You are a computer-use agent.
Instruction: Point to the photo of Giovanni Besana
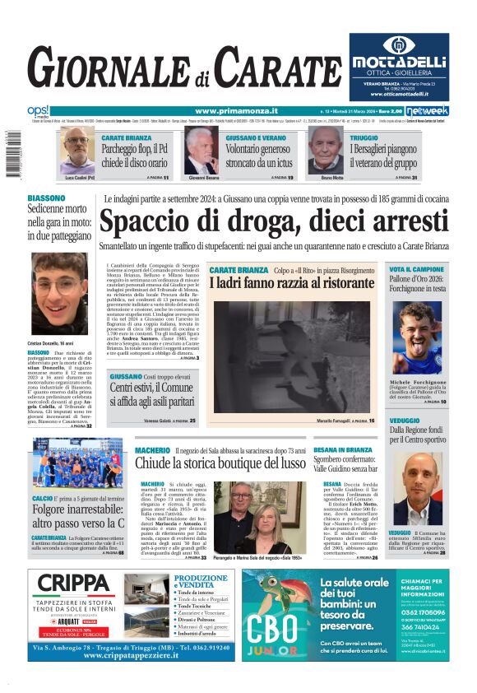201,150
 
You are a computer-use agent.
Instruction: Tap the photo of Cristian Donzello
59,293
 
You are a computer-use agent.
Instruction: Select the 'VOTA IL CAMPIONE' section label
417,269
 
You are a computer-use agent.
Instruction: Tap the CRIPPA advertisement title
73,584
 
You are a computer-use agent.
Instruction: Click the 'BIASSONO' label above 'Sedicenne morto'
46,198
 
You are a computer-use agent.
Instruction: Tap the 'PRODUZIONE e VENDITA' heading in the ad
201,581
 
